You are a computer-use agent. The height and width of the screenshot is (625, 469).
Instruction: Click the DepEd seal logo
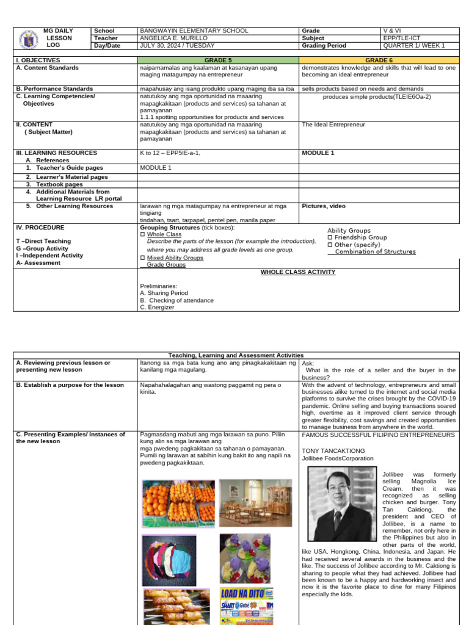(x=27, y=38)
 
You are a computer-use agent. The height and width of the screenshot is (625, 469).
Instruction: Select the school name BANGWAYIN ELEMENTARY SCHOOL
(x=194, y=31)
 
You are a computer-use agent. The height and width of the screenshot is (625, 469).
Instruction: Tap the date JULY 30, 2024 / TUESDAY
(x=177, y=45)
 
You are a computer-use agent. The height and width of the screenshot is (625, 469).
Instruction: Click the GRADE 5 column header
(x=218, y=60)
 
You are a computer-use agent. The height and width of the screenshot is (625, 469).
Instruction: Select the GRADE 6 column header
(x=379, y=60)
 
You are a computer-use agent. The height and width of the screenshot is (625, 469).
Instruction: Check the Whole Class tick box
(x=143, y=234)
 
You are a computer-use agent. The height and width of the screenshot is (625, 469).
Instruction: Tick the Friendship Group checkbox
(x=330, y=237)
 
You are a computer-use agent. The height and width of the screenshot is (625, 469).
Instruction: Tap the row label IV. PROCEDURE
(x=40, y=227)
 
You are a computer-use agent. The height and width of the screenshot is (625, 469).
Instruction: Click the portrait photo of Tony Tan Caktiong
(x=342, y=504)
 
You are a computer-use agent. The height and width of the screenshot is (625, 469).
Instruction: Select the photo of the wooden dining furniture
(x=255, y=502)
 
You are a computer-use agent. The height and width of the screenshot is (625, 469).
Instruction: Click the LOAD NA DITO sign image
(x=246, y=606)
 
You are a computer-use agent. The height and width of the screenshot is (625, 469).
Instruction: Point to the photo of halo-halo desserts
(x=245, y=558)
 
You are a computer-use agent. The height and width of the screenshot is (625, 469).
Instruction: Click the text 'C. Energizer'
(x=157, y=307)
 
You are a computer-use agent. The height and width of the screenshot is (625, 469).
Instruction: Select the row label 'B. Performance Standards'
(x=54, y=89)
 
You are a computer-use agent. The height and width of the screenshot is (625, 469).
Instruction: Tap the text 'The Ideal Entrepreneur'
(x=333, y=125)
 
